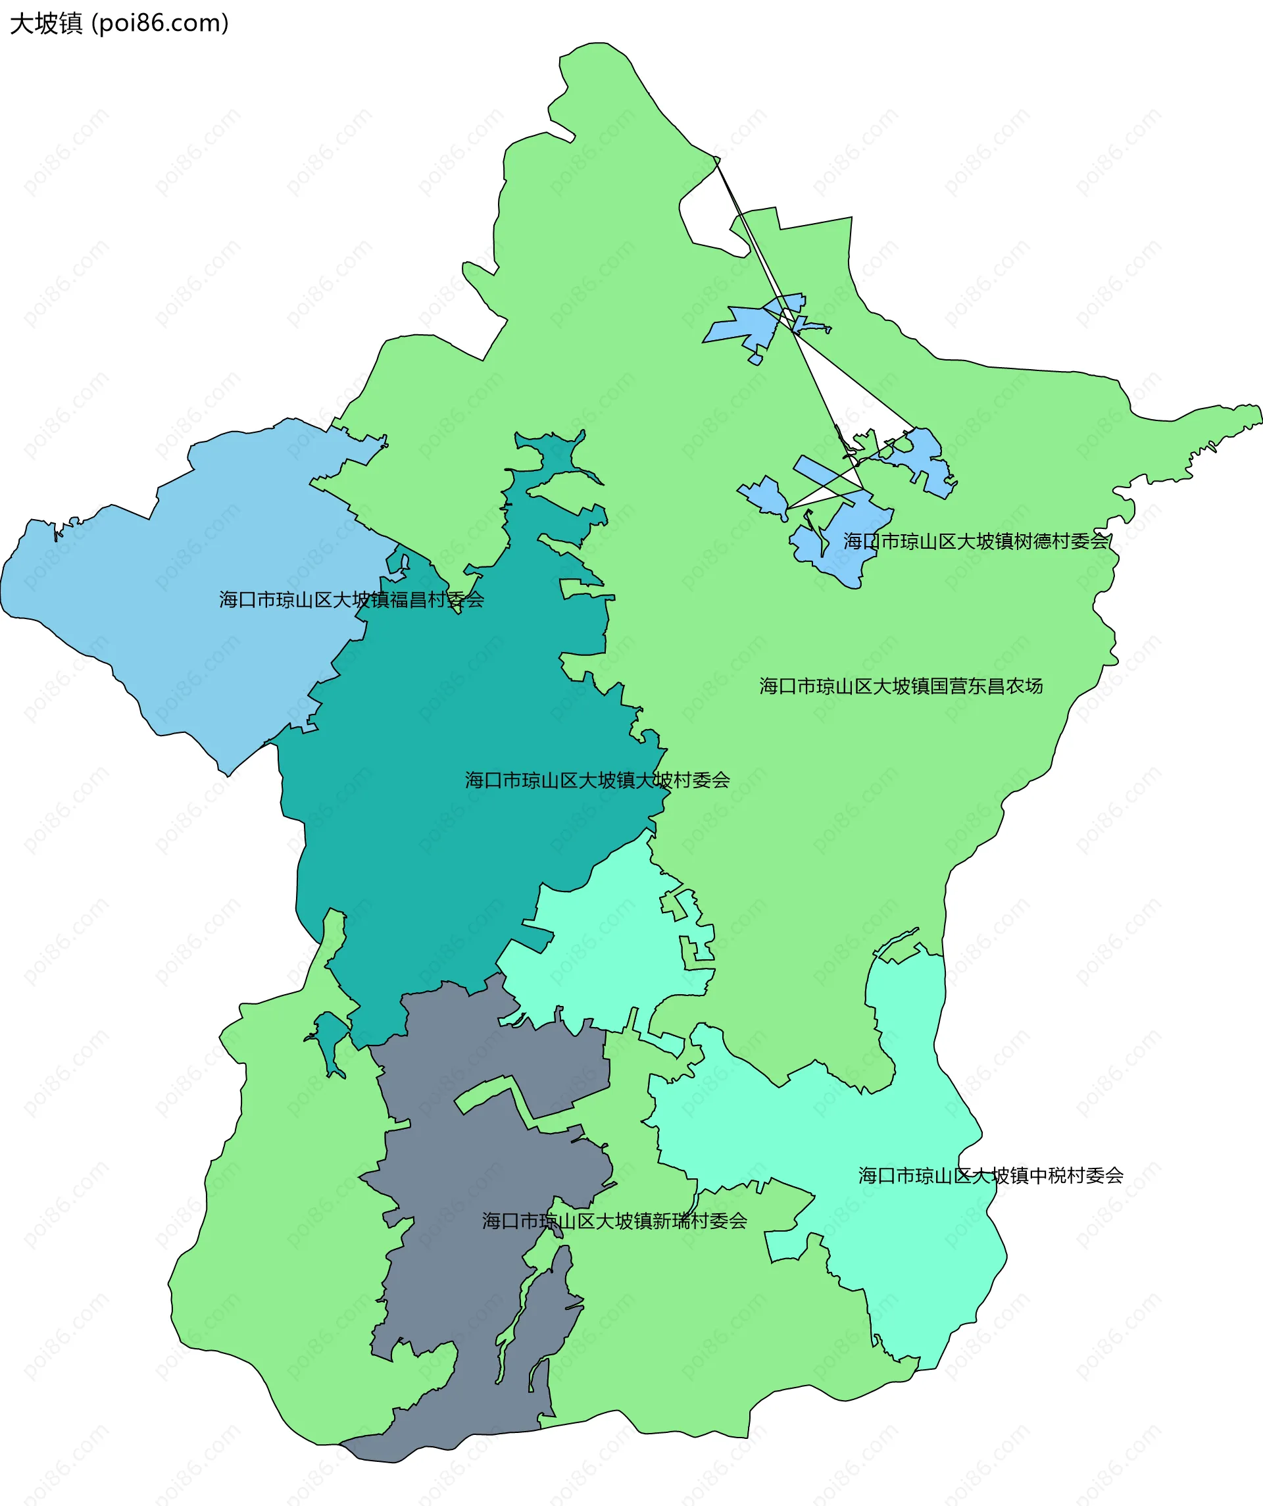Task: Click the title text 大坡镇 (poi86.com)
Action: point(119,23)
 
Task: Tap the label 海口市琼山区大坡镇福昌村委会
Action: point(351,599)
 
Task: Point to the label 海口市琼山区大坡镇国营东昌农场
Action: point(901,686)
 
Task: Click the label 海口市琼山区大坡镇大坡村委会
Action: point(597,780)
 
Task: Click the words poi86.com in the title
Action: point(161,23)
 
